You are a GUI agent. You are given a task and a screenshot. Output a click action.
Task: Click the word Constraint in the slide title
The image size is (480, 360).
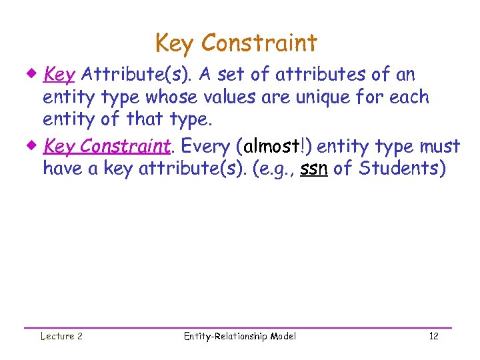tap(259, 43)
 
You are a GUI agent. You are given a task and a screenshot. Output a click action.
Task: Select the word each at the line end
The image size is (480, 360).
tap(410, 97)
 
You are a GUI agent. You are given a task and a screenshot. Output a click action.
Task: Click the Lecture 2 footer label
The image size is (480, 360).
tap(61, 336)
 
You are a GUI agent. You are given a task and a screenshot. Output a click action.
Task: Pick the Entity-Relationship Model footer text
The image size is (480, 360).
tap(239, 336)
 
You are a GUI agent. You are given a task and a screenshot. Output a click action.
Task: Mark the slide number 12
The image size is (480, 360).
tap(434, 336)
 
